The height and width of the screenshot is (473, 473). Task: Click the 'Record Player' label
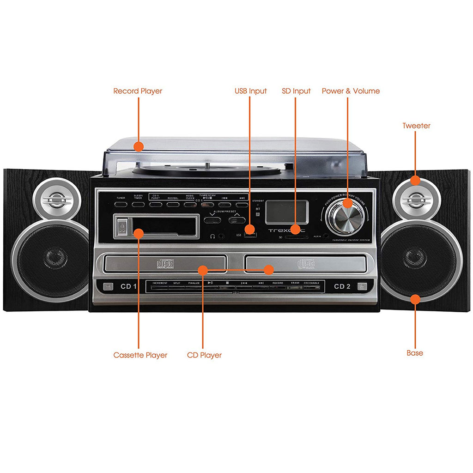pyautogui.click(x=138, y=91)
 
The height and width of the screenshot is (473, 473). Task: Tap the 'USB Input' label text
pyautogui.click(x=250, y=91)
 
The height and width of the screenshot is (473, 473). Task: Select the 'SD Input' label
pyautogui.click(x=296, y=91)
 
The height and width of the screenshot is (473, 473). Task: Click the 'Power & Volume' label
pyautogui.click(x=351, y=91)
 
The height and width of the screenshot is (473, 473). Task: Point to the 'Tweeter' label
pyautogui.click(x=416, y=126)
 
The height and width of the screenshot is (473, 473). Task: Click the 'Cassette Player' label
pyautogui.click(x=140, y=355)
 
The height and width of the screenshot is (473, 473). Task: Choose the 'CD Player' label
pyautogui.click(x=204, y=355)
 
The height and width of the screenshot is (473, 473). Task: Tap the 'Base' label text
pyautogui.click(x=414, y=353)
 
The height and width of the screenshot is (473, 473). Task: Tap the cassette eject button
pyautogui.click(x=121, y=226)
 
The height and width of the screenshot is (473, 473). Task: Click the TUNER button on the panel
pyautogui.click(x=120, y=204)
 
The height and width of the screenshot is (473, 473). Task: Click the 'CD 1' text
pyautogui.click(x=129, y=286)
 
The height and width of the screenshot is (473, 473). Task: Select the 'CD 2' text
pyautogui.click(x=342, y=286)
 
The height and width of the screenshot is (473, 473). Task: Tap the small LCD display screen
pyautogui.click(x=286, y=212)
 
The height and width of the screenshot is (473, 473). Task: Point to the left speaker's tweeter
pyautogui.click(x=57, y=200)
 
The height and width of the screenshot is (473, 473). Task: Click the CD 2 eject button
pyautogui.click(x=363, y=286)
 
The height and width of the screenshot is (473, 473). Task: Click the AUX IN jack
pyautogui.click(x=327, y=236)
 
